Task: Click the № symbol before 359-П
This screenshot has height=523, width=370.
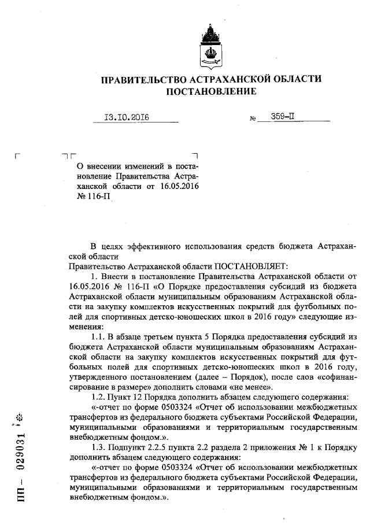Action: [x=253, y=119]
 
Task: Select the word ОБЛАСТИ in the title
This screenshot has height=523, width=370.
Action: [x=297, y=79]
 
